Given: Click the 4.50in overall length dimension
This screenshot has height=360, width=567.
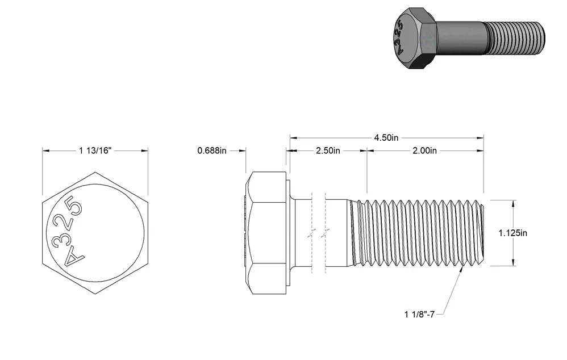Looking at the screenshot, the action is pyautogui.click(x=386, y=138).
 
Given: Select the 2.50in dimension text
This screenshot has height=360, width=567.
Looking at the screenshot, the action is pyautogui.click(x=328, y=150).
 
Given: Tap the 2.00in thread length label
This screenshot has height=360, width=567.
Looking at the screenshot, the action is pyautogui.click(x=424, y=150).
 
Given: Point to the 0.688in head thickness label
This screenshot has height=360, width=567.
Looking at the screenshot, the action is pyautogui.click(x=212, y=150).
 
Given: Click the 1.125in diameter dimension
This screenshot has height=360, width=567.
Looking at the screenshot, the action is pyautogui.click(x=513, y=233).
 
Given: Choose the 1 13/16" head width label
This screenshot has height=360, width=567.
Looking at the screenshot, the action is pyautogui.click(x=95, y=150).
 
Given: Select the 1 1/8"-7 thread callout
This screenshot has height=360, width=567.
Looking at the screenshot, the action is pyautogui.click(x=419, y=315).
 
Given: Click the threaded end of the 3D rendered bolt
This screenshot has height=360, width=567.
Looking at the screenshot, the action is pyautogui.click(x=515, y=38).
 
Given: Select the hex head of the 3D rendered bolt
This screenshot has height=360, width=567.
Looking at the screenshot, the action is pyautogui.click(x=414, y=38).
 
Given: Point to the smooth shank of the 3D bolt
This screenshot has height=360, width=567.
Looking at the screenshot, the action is pyautogui.click(x=460, y=37).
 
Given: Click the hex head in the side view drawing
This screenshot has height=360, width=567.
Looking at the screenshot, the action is pyautogui.click(x=266, y=233).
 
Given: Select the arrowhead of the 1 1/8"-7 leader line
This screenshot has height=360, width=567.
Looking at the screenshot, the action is pyautogui.click(x=462, y=270).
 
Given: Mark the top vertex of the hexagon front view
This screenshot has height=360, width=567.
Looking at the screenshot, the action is pyautogui.click(x=95, y=172).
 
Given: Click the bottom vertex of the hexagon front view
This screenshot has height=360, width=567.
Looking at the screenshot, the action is pyautogui.click(x=95, y=294).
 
